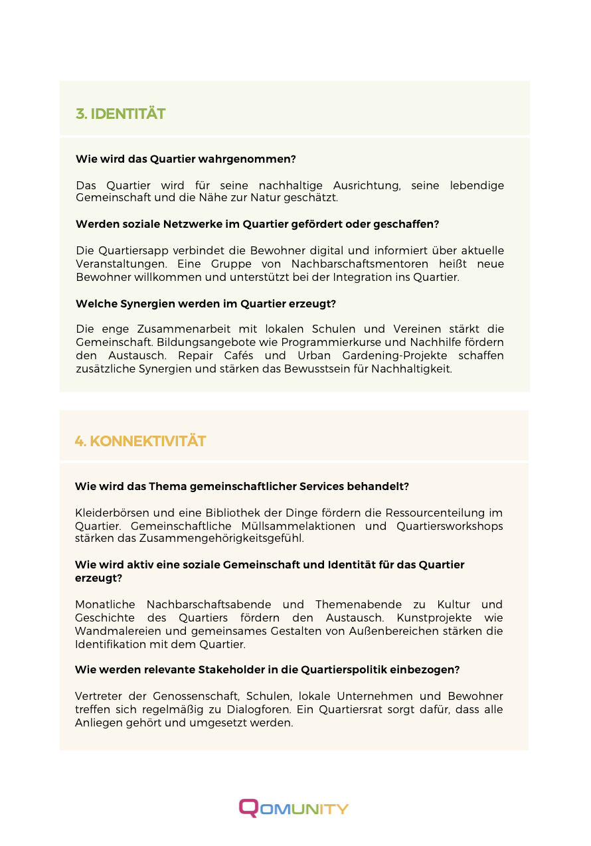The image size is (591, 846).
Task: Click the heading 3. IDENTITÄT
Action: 120,114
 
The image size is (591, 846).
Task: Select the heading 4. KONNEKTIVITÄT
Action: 140,441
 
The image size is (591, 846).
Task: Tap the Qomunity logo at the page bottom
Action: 294,807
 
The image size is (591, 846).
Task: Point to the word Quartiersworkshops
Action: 450,526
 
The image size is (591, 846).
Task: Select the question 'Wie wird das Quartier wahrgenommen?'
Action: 185,159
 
